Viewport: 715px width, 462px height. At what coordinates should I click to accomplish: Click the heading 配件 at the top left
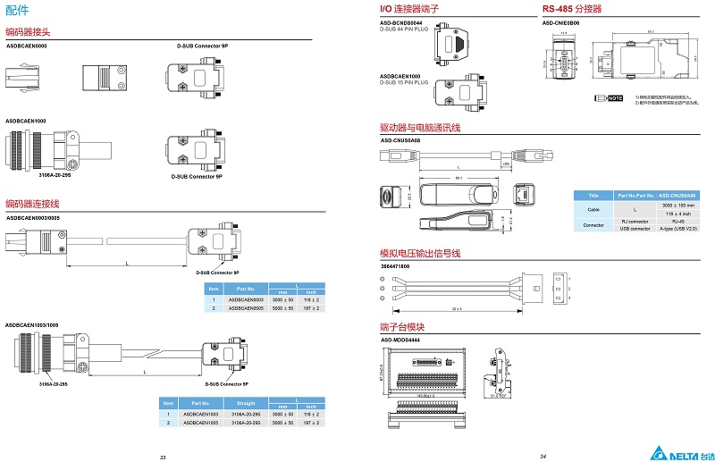pos(18,10)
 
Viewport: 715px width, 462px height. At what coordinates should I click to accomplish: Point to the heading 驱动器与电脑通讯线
pos(420,128)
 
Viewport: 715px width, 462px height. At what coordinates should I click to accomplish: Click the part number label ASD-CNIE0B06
pos(560,22)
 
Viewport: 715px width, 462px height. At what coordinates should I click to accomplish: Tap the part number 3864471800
pos(394,266)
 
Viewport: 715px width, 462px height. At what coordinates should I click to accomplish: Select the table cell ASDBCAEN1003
pos(200,415)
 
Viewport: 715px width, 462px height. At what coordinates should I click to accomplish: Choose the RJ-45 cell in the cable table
pos(677,221)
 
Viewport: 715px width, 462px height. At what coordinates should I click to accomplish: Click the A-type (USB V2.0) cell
pos(677,229)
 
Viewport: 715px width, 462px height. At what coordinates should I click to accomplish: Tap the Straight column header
pos(246,403)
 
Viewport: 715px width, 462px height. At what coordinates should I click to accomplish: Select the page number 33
pos(162,456)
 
